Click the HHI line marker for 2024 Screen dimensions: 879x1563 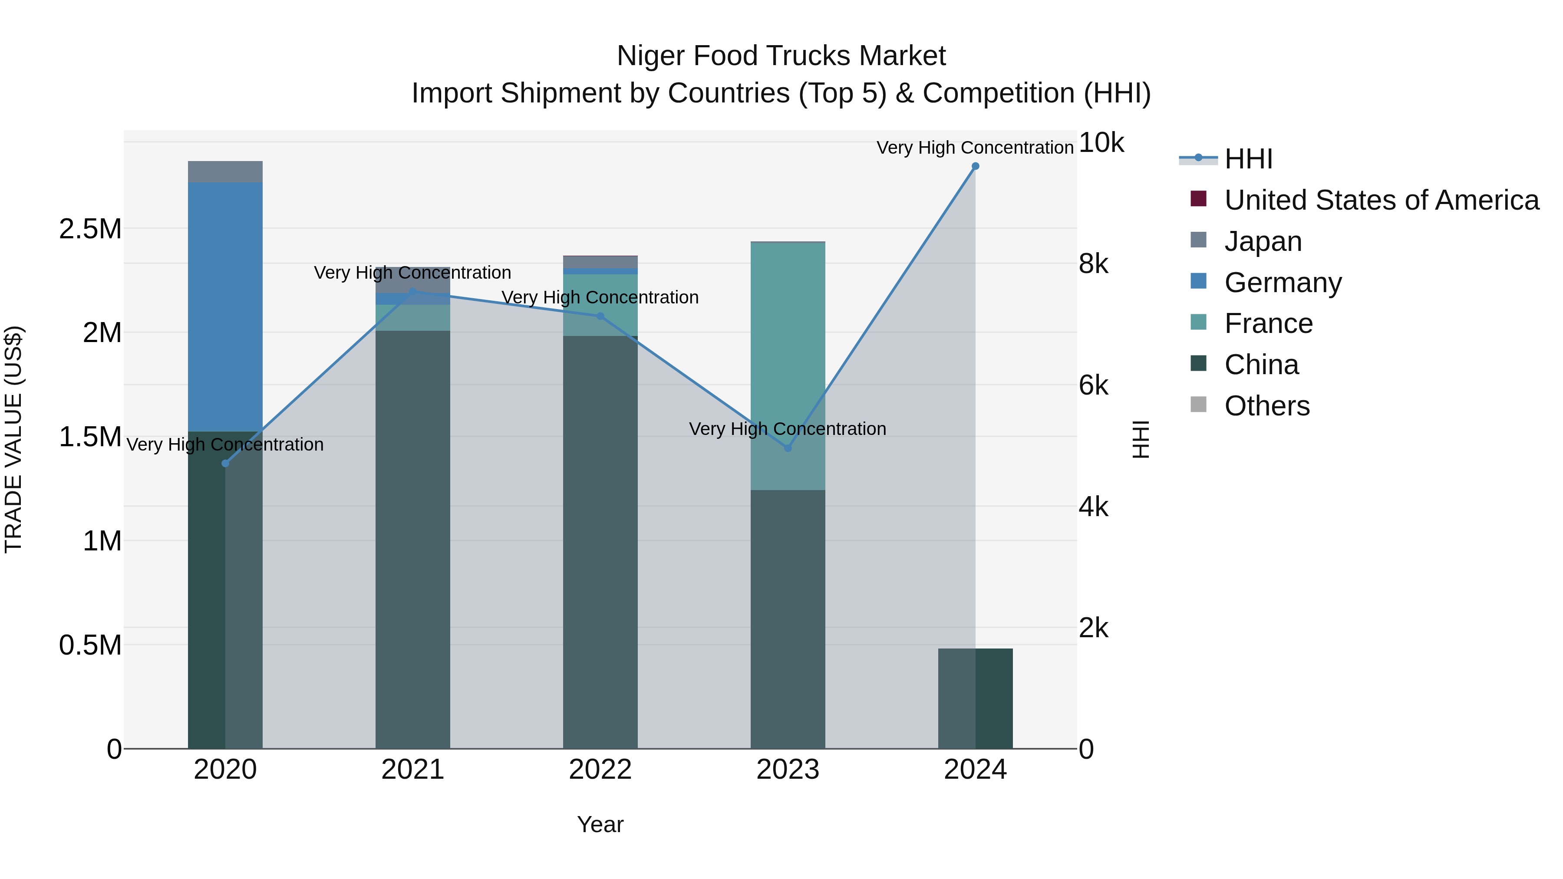pyautogui.click(x=975, y=166)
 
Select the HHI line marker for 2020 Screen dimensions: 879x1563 pyautogui.click(x=225, y=464)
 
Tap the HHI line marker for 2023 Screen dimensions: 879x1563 pyautogui.click(x=788, y=448)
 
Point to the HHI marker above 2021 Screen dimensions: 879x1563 pyautogui.click(x=412, y=292)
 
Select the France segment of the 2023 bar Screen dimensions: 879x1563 pyautogui.click(x=788, y=364)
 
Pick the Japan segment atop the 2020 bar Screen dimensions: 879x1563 pyautogui.click(x=225, y=171)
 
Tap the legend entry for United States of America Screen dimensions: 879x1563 pyautogui.click(x=1382, y=200)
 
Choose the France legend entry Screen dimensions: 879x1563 pyautogui.click(x=1268, y=323)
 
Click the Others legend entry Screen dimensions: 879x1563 pyautogui.click(x=1267, y=406)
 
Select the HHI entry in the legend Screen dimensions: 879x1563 pyautogui.click(x=1248, y=159)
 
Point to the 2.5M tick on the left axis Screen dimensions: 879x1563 pyautogui.click(x=90, y=229)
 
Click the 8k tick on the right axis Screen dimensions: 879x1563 pyautogui.click(x=1093, y=264)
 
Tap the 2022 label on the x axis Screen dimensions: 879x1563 pyautogui.click(x=600, y=770)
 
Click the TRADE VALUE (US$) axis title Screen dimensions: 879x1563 pyautogui.click(x=13, y=439)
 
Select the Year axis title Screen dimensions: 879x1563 pyautogui.click(x=600, y=824)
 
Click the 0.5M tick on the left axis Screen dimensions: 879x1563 pyautogui.click(x=90, y=645)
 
